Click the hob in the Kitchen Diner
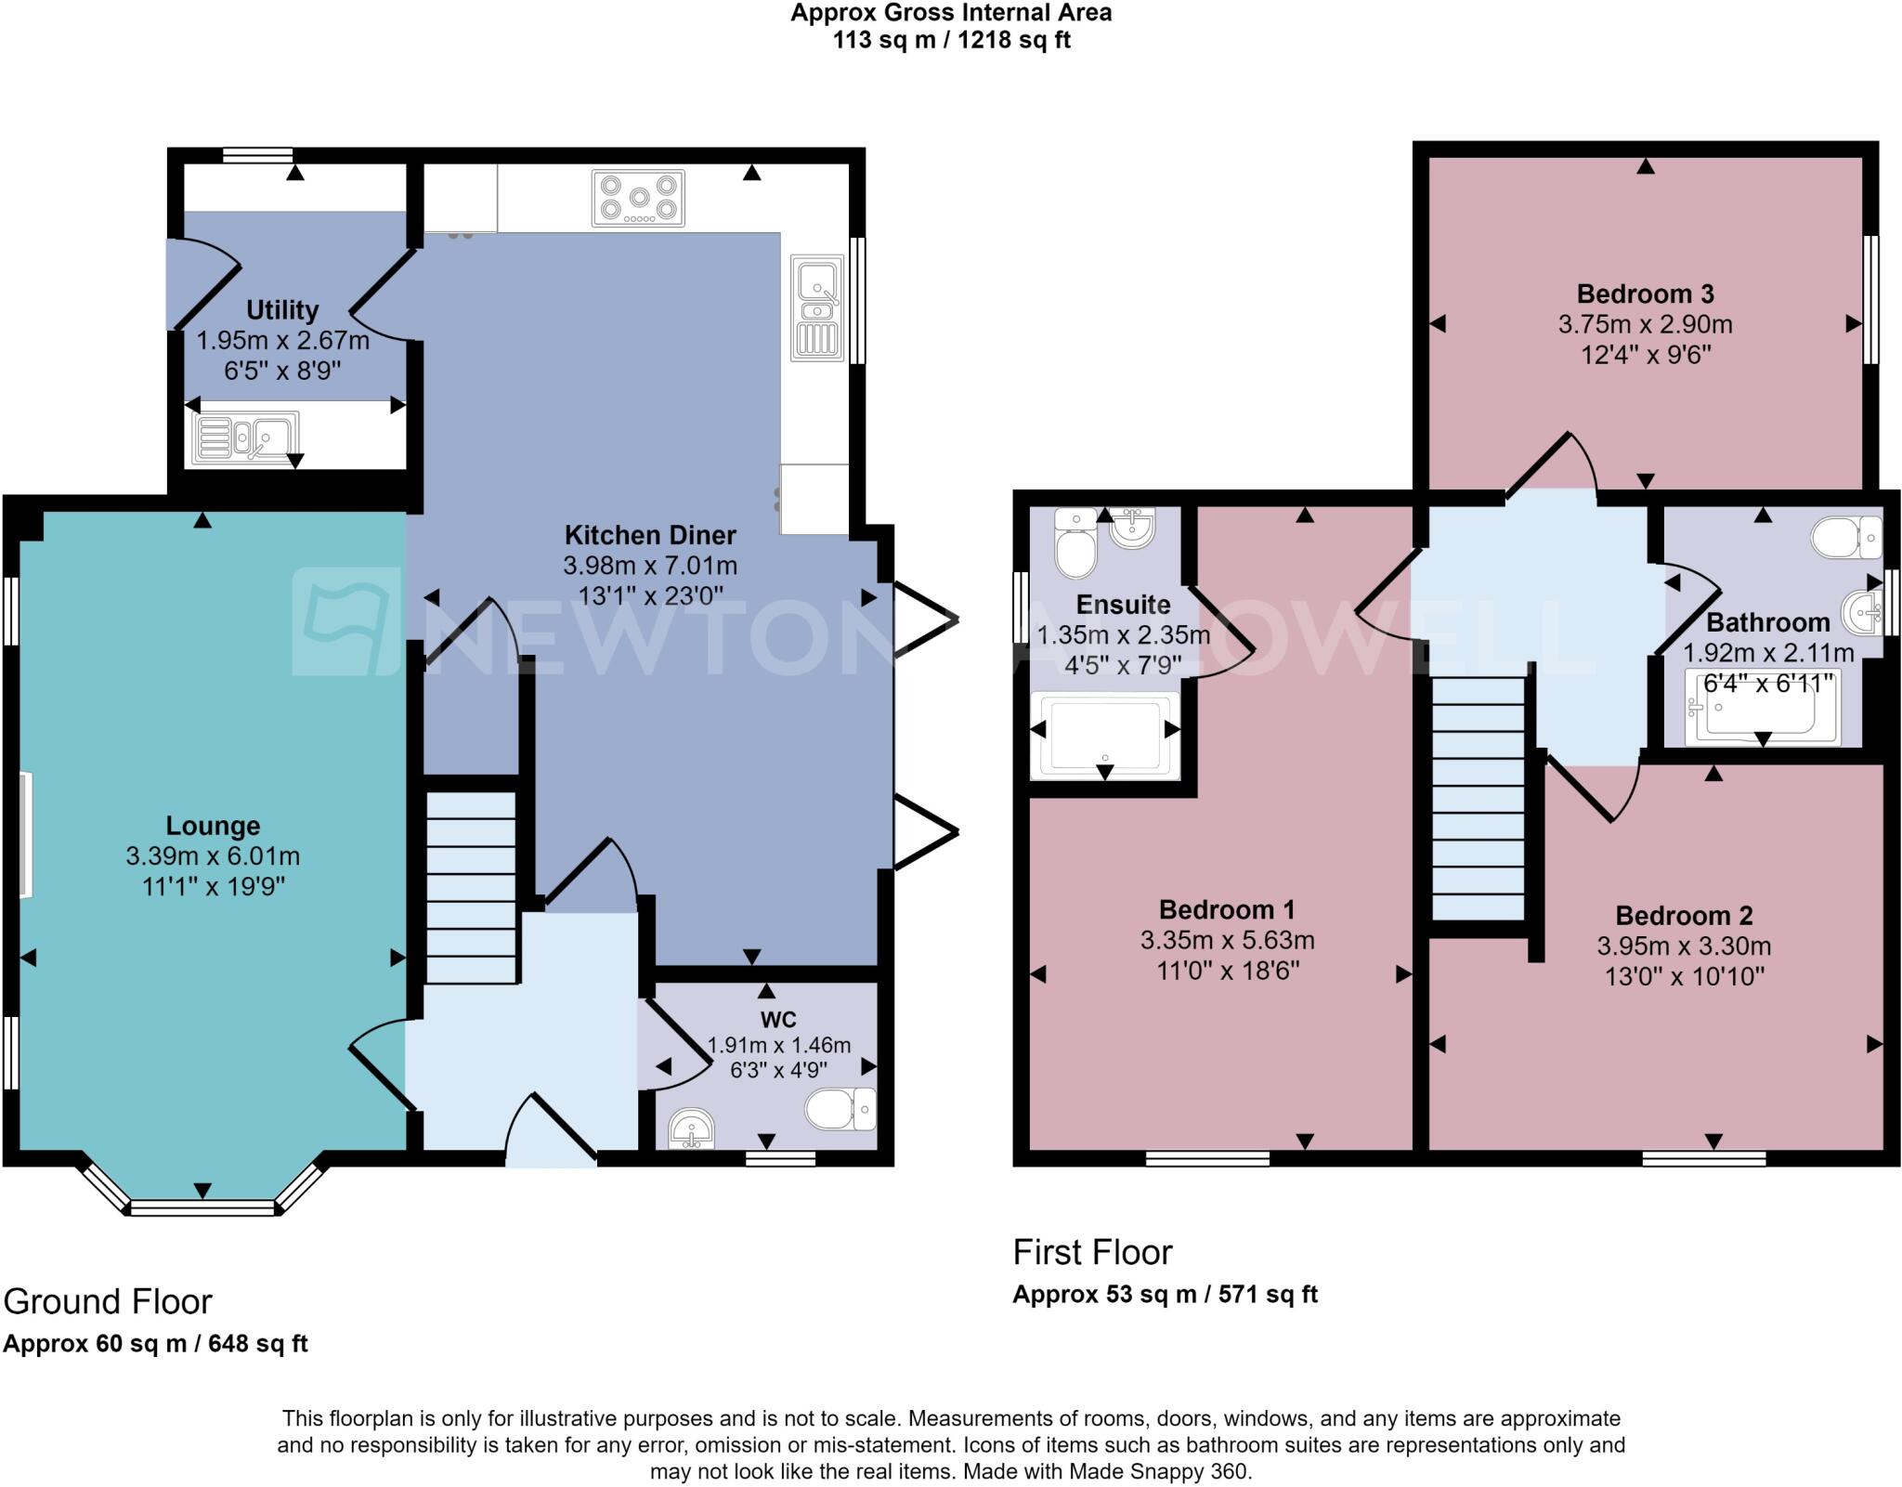(x=638, y=198)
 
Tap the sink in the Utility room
(x=245, y=437)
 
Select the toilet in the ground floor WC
(x=839, y=1109)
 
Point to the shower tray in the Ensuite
(x=1105, y=736)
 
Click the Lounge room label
(x=213, y=826)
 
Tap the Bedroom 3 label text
(x=1645, y=294)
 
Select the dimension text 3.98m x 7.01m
(x=650, y=566)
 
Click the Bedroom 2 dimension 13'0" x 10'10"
(x=1684, y=976)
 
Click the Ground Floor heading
(x=108, y=1301)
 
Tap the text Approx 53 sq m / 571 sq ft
(x=1165, y=1294)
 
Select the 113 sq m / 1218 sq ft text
(x=951, y=41)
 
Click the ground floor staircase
(x=471, y=887)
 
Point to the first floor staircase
(x=1479, y=799)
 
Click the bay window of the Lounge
(x=202, y=1207)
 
